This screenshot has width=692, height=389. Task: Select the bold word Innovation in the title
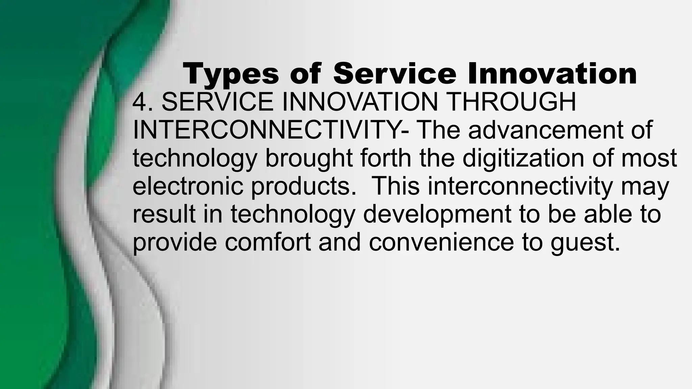[x=552, y=74]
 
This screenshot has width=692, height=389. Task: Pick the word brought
[x=309, y=158]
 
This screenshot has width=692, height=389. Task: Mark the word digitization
[x=523, y=158]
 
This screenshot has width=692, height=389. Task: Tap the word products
[x=303, y=187]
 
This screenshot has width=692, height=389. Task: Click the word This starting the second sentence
[x=395, y=186]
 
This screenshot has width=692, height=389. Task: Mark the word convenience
[x=441, y=242]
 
